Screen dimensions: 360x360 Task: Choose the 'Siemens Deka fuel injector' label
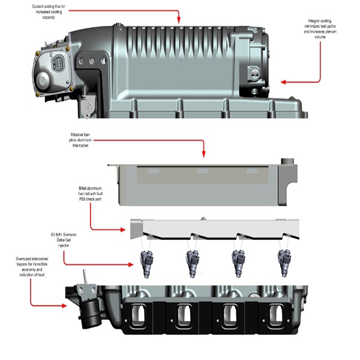60,239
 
